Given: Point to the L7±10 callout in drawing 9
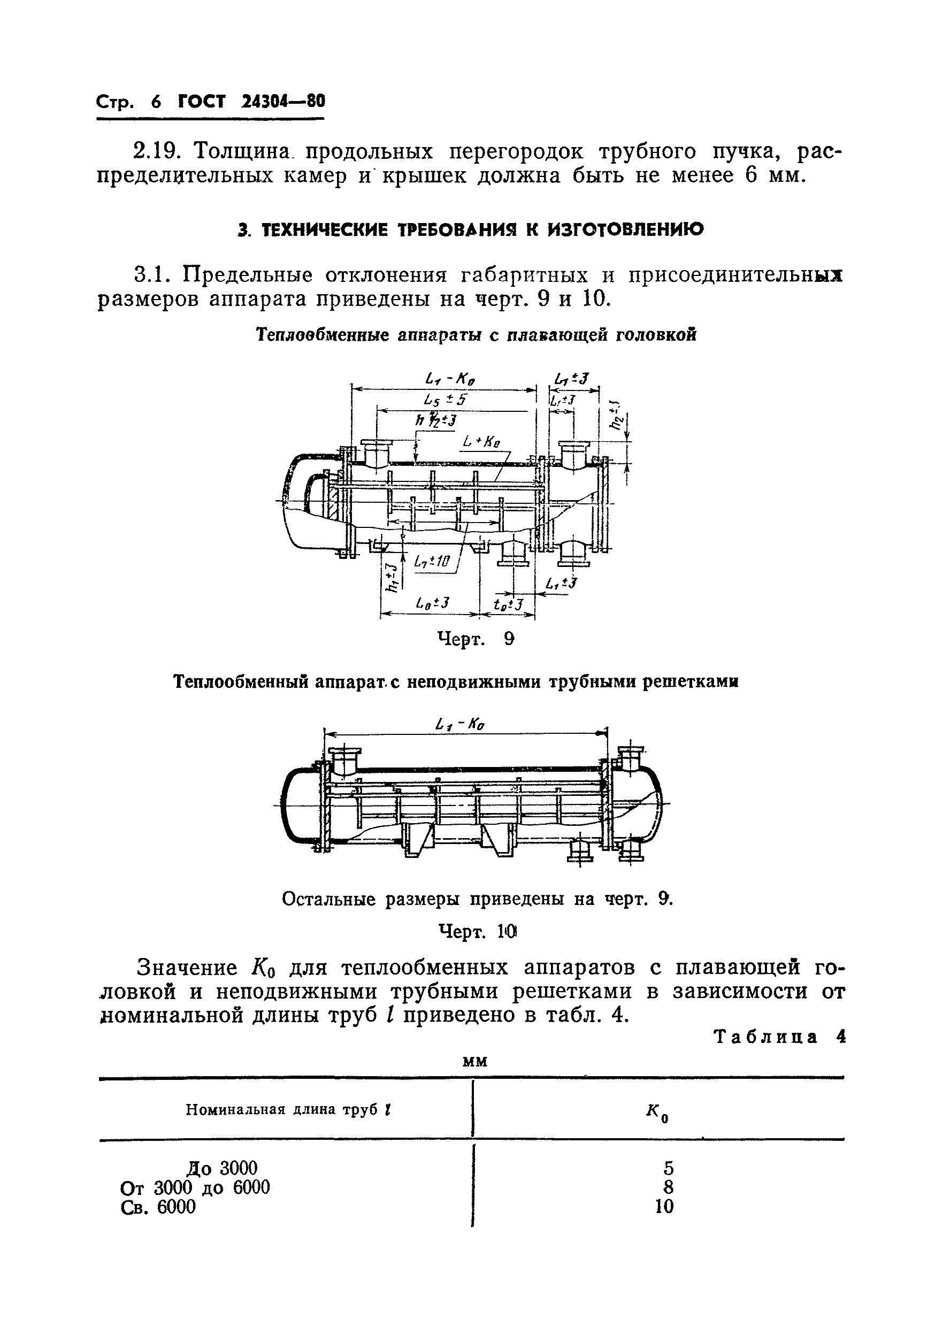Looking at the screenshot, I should tap(432, 561).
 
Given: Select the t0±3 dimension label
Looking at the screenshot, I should tap(508, 604).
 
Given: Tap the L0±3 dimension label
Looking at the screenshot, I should tap(432, 603).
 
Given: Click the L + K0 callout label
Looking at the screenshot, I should tap(481, 442).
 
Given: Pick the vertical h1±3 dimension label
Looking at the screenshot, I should tap(393, 577).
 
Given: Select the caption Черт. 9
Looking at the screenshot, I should tap(475, 639).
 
